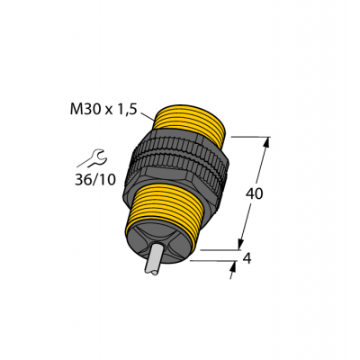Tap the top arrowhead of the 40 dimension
pyautogui.click(x=266, y=142)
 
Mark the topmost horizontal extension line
pyautogui.click(x=251, y=136)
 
